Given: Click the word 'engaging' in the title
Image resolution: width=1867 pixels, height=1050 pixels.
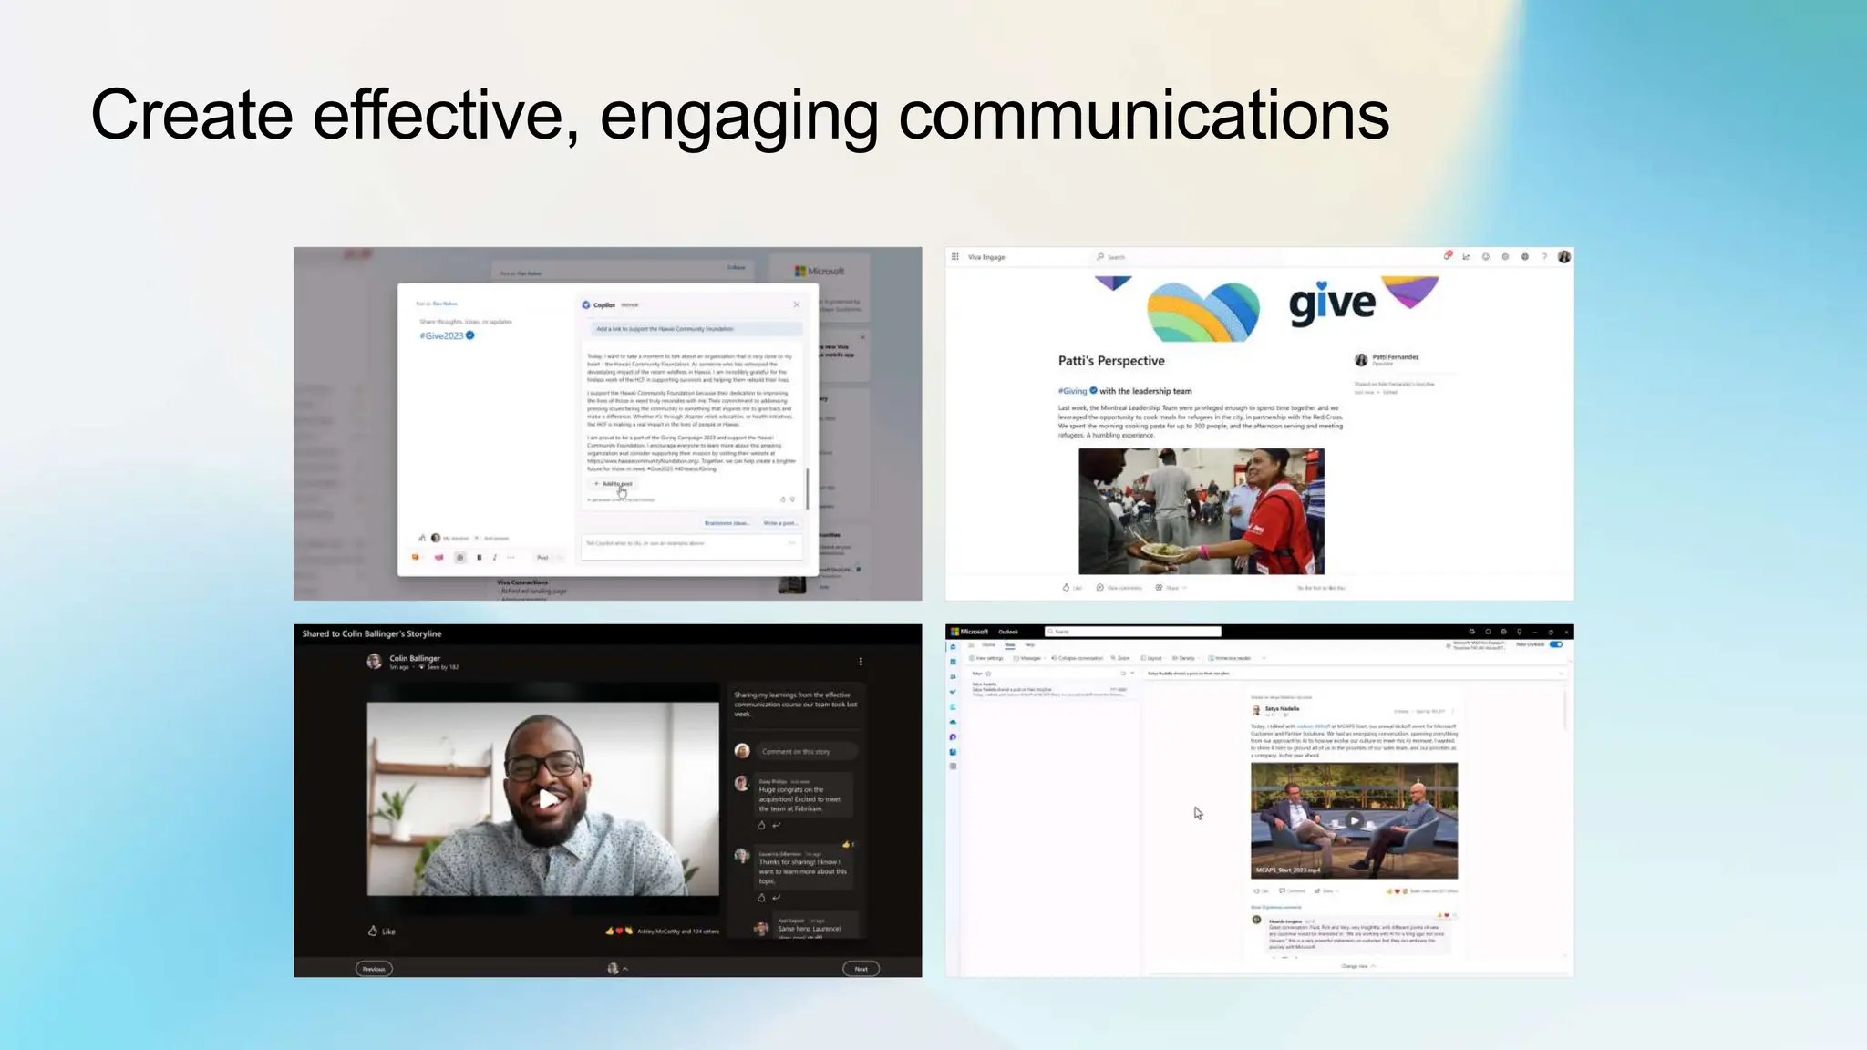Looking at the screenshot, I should pyautogui.click(x=738, y=117).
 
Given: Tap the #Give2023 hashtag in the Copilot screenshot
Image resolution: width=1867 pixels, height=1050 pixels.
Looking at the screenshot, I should pyautogui.click(x=442, y=335).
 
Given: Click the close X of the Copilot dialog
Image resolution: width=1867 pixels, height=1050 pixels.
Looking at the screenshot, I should pyautogui.click(x=796, y=304).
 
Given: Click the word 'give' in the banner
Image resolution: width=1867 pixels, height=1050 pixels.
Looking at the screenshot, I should pyautogui.click(x=1331, y=304).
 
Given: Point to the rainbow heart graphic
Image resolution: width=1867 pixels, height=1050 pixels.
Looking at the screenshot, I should pyautogui.click(x=1202, y=311).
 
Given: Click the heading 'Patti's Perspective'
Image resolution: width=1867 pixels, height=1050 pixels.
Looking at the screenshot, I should pyautogui.click(x=1111, y=361).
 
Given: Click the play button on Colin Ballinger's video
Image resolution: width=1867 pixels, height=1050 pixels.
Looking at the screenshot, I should pyautogui.click(x=546, y=799).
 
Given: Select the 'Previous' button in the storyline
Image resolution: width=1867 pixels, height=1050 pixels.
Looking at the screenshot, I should pyautogui.click(x=374, y=969).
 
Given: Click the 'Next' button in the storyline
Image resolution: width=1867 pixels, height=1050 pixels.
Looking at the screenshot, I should pyautogui.click(x=861, y=969).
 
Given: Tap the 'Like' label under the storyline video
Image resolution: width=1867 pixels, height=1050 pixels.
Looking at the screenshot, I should pyautogui.click(x=388, y=932).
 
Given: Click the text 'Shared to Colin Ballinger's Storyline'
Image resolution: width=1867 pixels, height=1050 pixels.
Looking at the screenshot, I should pyautogui.click(x=372, y=633).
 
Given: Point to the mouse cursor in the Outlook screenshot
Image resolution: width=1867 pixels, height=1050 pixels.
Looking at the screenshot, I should pyautogui.click(x=1198, y=812).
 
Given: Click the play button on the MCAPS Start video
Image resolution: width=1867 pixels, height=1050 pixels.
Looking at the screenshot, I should pyautogui.click(x=1354, y=820).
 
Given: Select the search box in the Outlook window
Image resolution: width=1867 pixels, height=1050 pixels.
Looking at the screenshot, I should pyautogui.click(x=1132, y=632).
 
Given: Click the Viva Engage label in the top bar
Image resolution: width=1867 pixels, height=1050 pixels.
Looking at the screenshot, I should pyautogui.click(x=986, y=257).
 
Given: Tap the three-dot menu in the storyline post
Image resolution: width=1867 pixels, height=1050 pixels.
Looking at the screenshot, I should pyautogui.click(x=861, y=662).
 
